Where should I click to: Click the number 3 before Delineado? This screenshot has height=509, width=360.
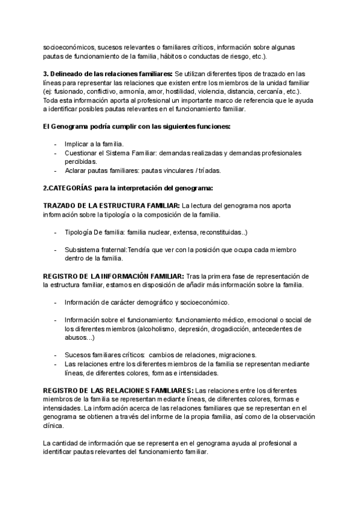tap(44, 73)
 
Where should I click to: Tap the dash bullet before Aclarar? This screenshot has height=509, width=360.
tap(56, 170)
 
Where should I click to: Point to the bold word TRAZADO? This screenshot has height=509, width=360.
tap(61, 206)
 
